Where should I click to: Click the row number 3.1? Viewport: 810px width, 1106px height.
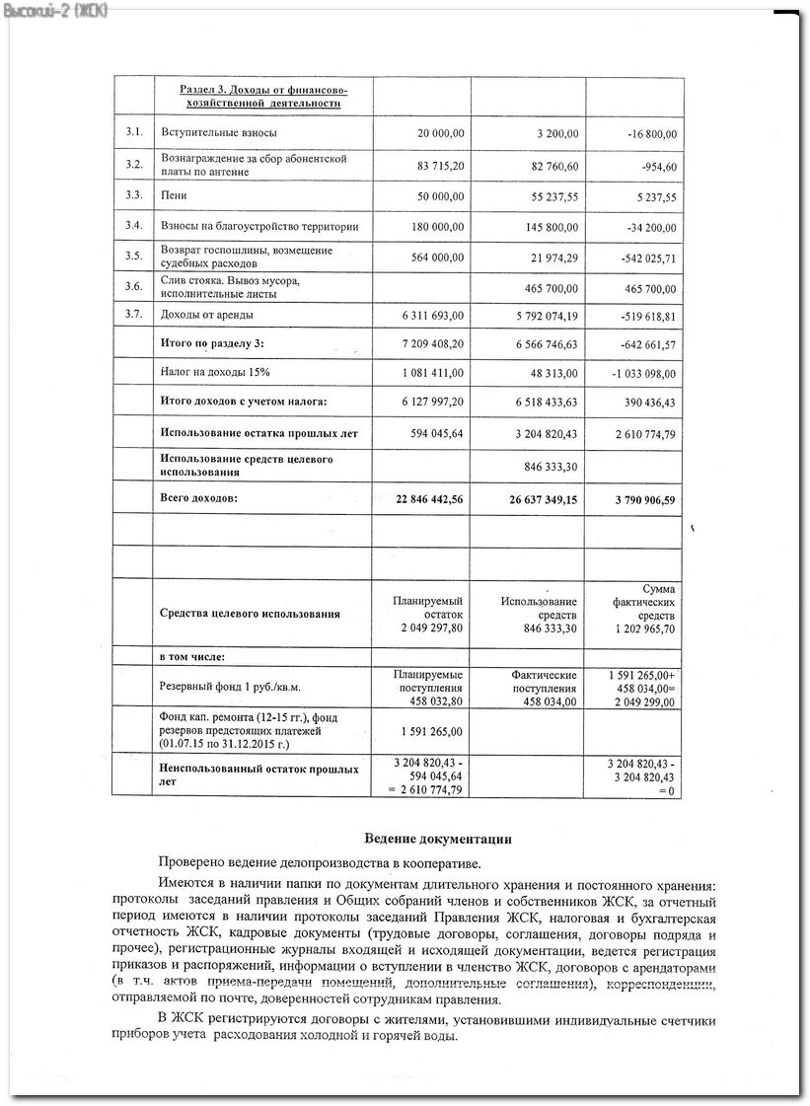tap(134, 132)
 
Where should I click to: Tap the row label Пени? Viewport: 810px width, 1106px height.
tap(174, 195)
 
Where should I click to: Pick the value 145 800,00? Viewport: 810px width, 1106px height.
tap(548, 227)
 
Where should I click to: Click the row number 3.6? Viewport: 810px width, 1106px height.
tap(134, 286)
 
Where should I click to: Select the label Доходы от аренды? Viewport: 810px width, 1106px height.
tap(206, 315)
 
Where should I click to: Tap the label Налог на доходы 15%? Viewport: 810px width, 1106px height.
tap(215, 372)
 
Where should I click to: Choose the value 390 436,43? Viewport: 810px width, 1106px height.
tap(643, 402)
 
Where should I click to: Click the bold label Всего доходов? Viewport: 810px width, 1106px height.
tap(199, 498)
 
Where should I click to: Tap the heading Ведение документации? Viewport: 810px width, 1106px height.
tap(438, 839)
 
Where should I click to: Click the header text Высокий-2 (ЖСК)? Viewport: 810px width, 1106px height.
tap(56, 10)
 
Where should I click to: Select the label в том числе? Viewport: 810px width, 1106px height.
tap(192, 656)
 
